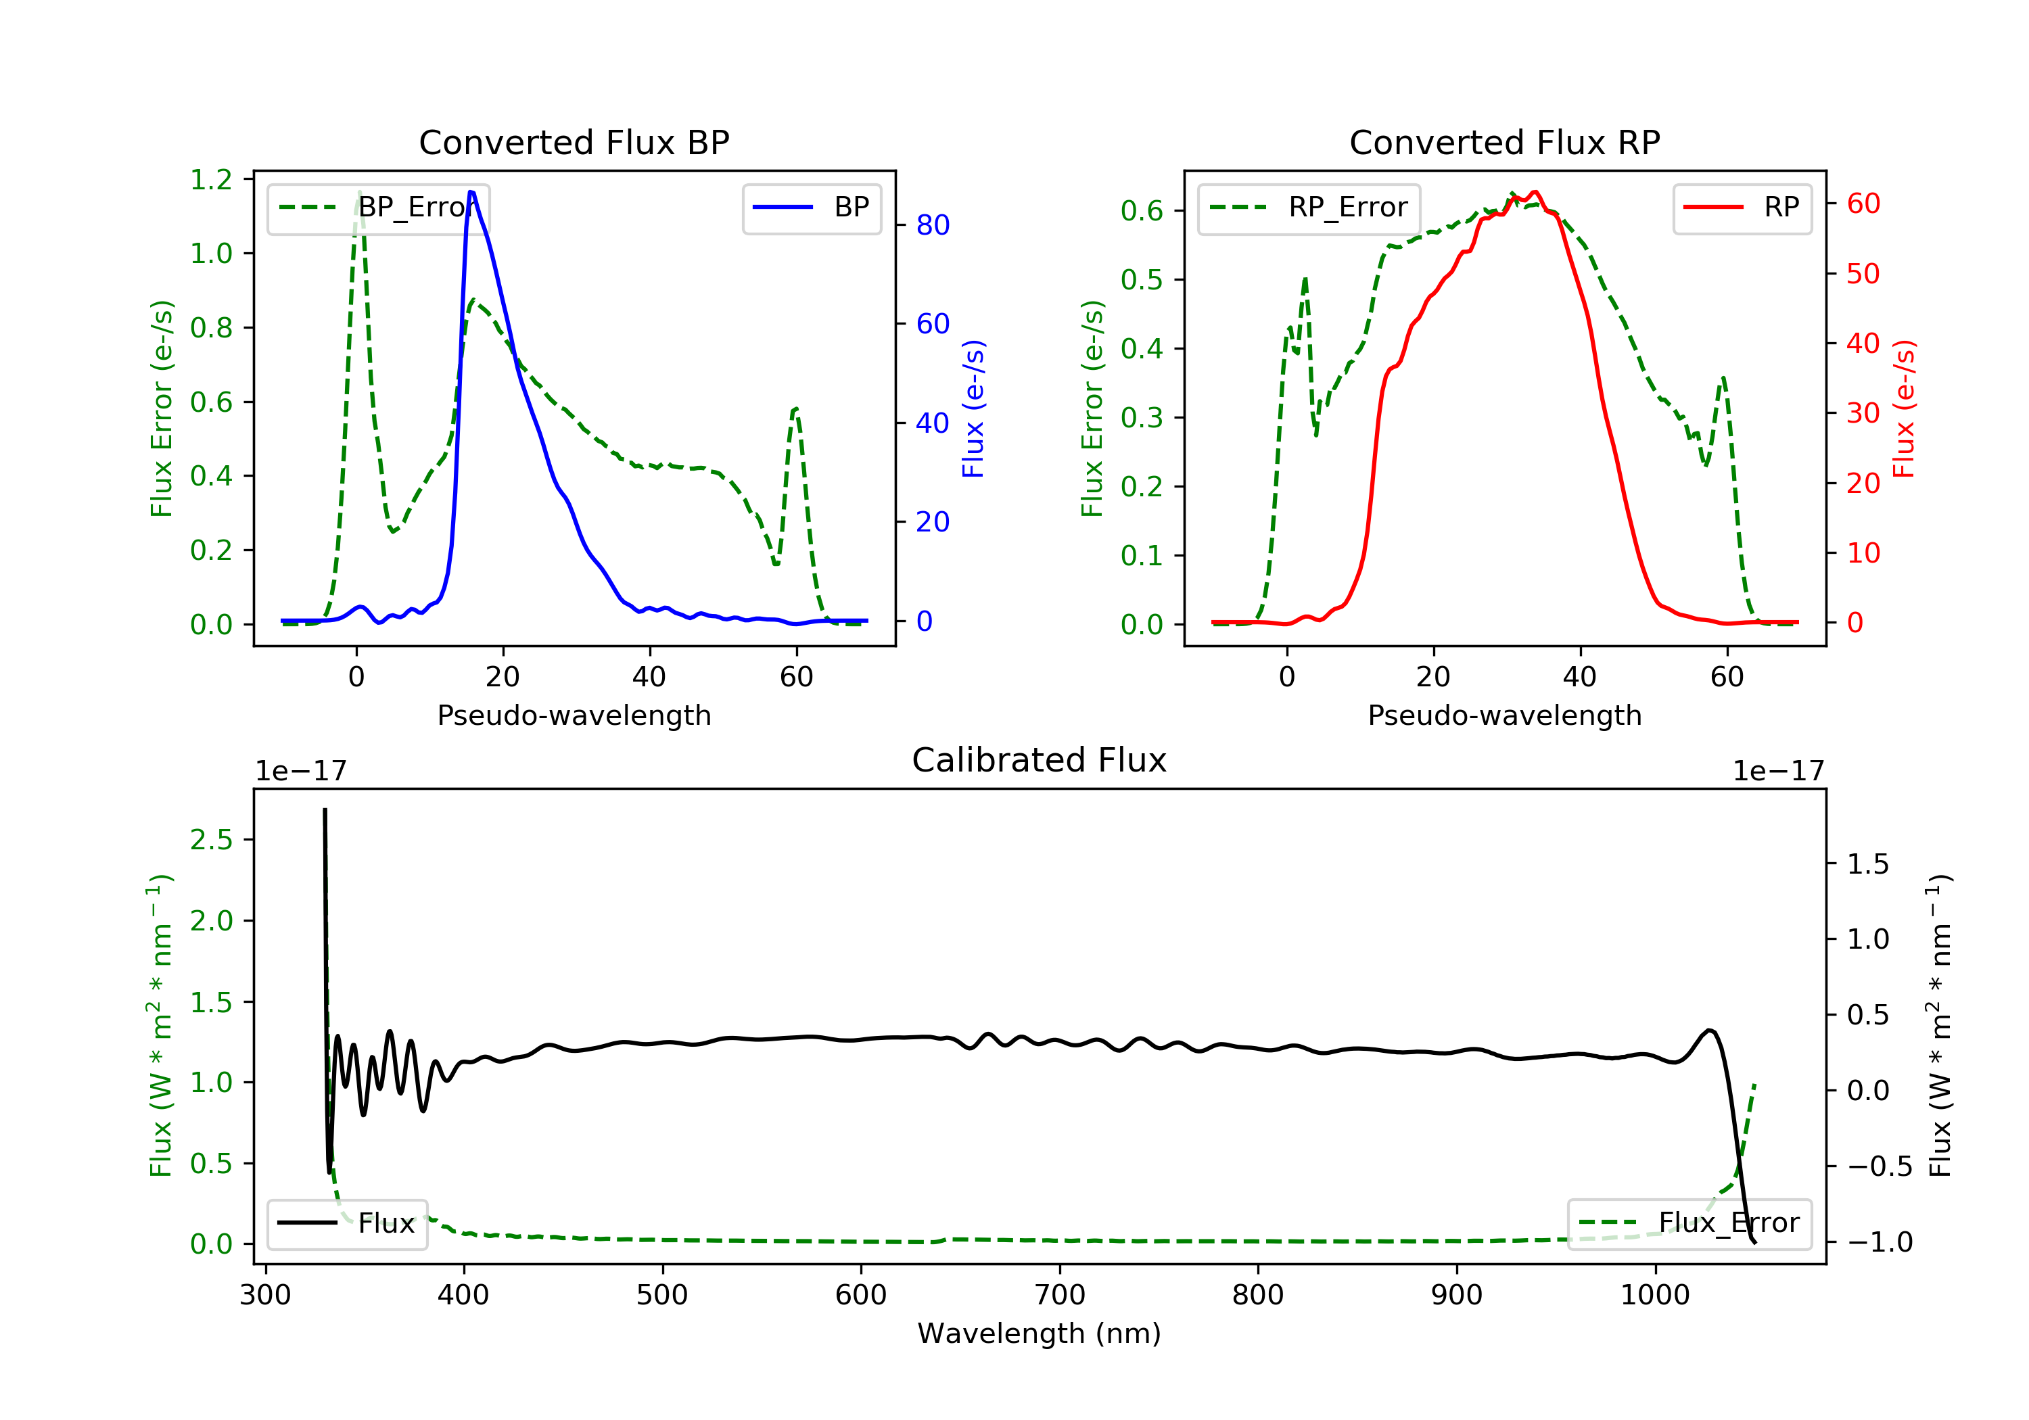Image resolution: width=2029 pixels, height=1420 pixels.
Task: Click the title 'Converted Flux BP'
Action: click(574, 142)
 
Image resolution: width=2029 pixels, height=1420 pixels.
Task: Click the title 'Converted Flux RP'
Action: click(1504, 142)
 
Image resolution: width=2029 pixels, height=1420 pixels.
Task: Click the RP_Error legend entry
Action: click(1309, 208)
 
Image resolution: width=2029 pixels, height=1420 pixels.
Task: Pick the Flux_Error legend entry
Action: click(1689, 1223)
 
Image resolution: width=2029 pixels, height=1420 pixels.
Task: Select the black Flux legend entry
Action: click(348, 1223)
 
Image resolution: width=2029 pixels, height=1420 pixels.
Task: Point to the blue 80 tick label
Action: click(932, 225)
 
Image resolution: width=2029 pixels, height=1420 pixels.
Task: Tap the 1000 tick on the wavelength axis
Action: click(1654, 1296)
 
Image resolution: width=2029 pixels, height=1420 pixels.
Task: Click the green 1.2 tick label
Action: click(210, 181)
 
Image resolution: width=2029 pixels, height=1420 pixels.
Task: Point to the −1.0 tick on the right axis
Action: click(1879, 1242)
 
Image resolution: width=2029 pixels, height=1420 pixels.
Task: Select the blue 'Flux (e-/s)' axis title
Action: click(973, 409)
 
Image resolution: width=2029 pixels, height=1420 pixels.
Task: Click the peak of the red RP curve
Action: click(1536, 192)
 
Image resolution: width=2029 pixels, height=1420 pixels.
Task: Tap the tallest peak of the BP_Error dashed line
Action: click(358, 192)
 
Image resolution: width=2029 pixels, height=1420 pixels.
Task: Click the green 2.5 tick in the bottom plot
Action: click(210, 839)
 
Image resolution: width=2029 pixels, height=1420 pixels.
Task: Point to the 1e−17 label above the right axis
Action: click(1778, 772)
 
